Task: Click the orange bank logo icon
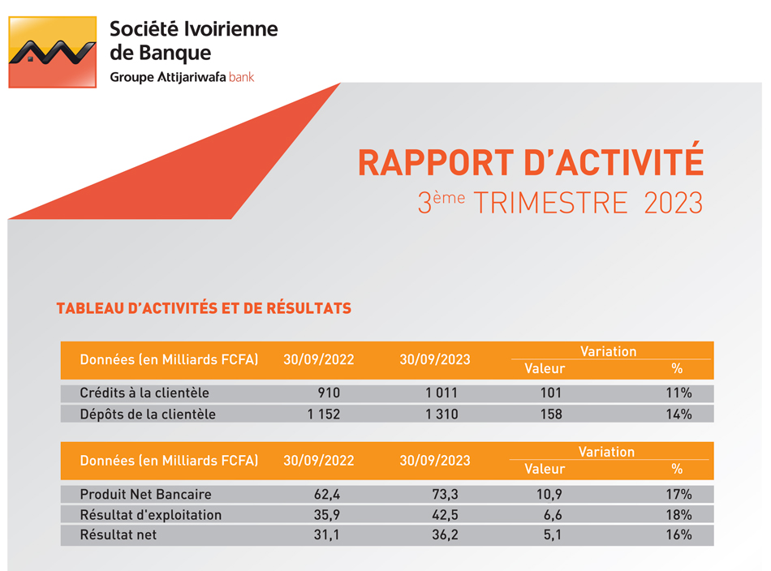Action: pyautogui.click(x=52, y=52)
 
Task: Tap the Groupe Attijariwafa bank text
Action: pyautogui.click(x=182, y=78)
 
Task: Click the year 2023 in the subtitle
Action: pyautogui.click(x=673, y=203)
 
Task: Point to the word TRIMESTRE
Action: pyautogui.click(x=550, y=203)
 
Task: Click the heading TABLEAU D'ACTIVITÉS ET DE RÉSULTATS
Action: pyautogui.click(x=204, y=309)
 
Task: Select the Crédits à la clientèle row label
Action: pyautogui.click(x=144, y=393)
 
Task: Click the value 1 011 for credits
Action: pyautogui.click(x=441, y=393)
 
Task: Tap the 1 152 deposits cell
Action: pyautogui.click(x=323, y=414)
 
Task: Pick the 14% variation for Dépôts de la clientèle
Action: pyautogui.click(x=678, y=414)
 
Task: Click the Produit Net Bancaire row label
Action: pyautogui.click(x=145, y=494)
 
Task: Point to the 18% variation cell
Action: pyautogui.click(x=678, y=515)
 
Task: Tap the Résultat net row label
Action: pyautogui.click(x=118, y=535)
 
